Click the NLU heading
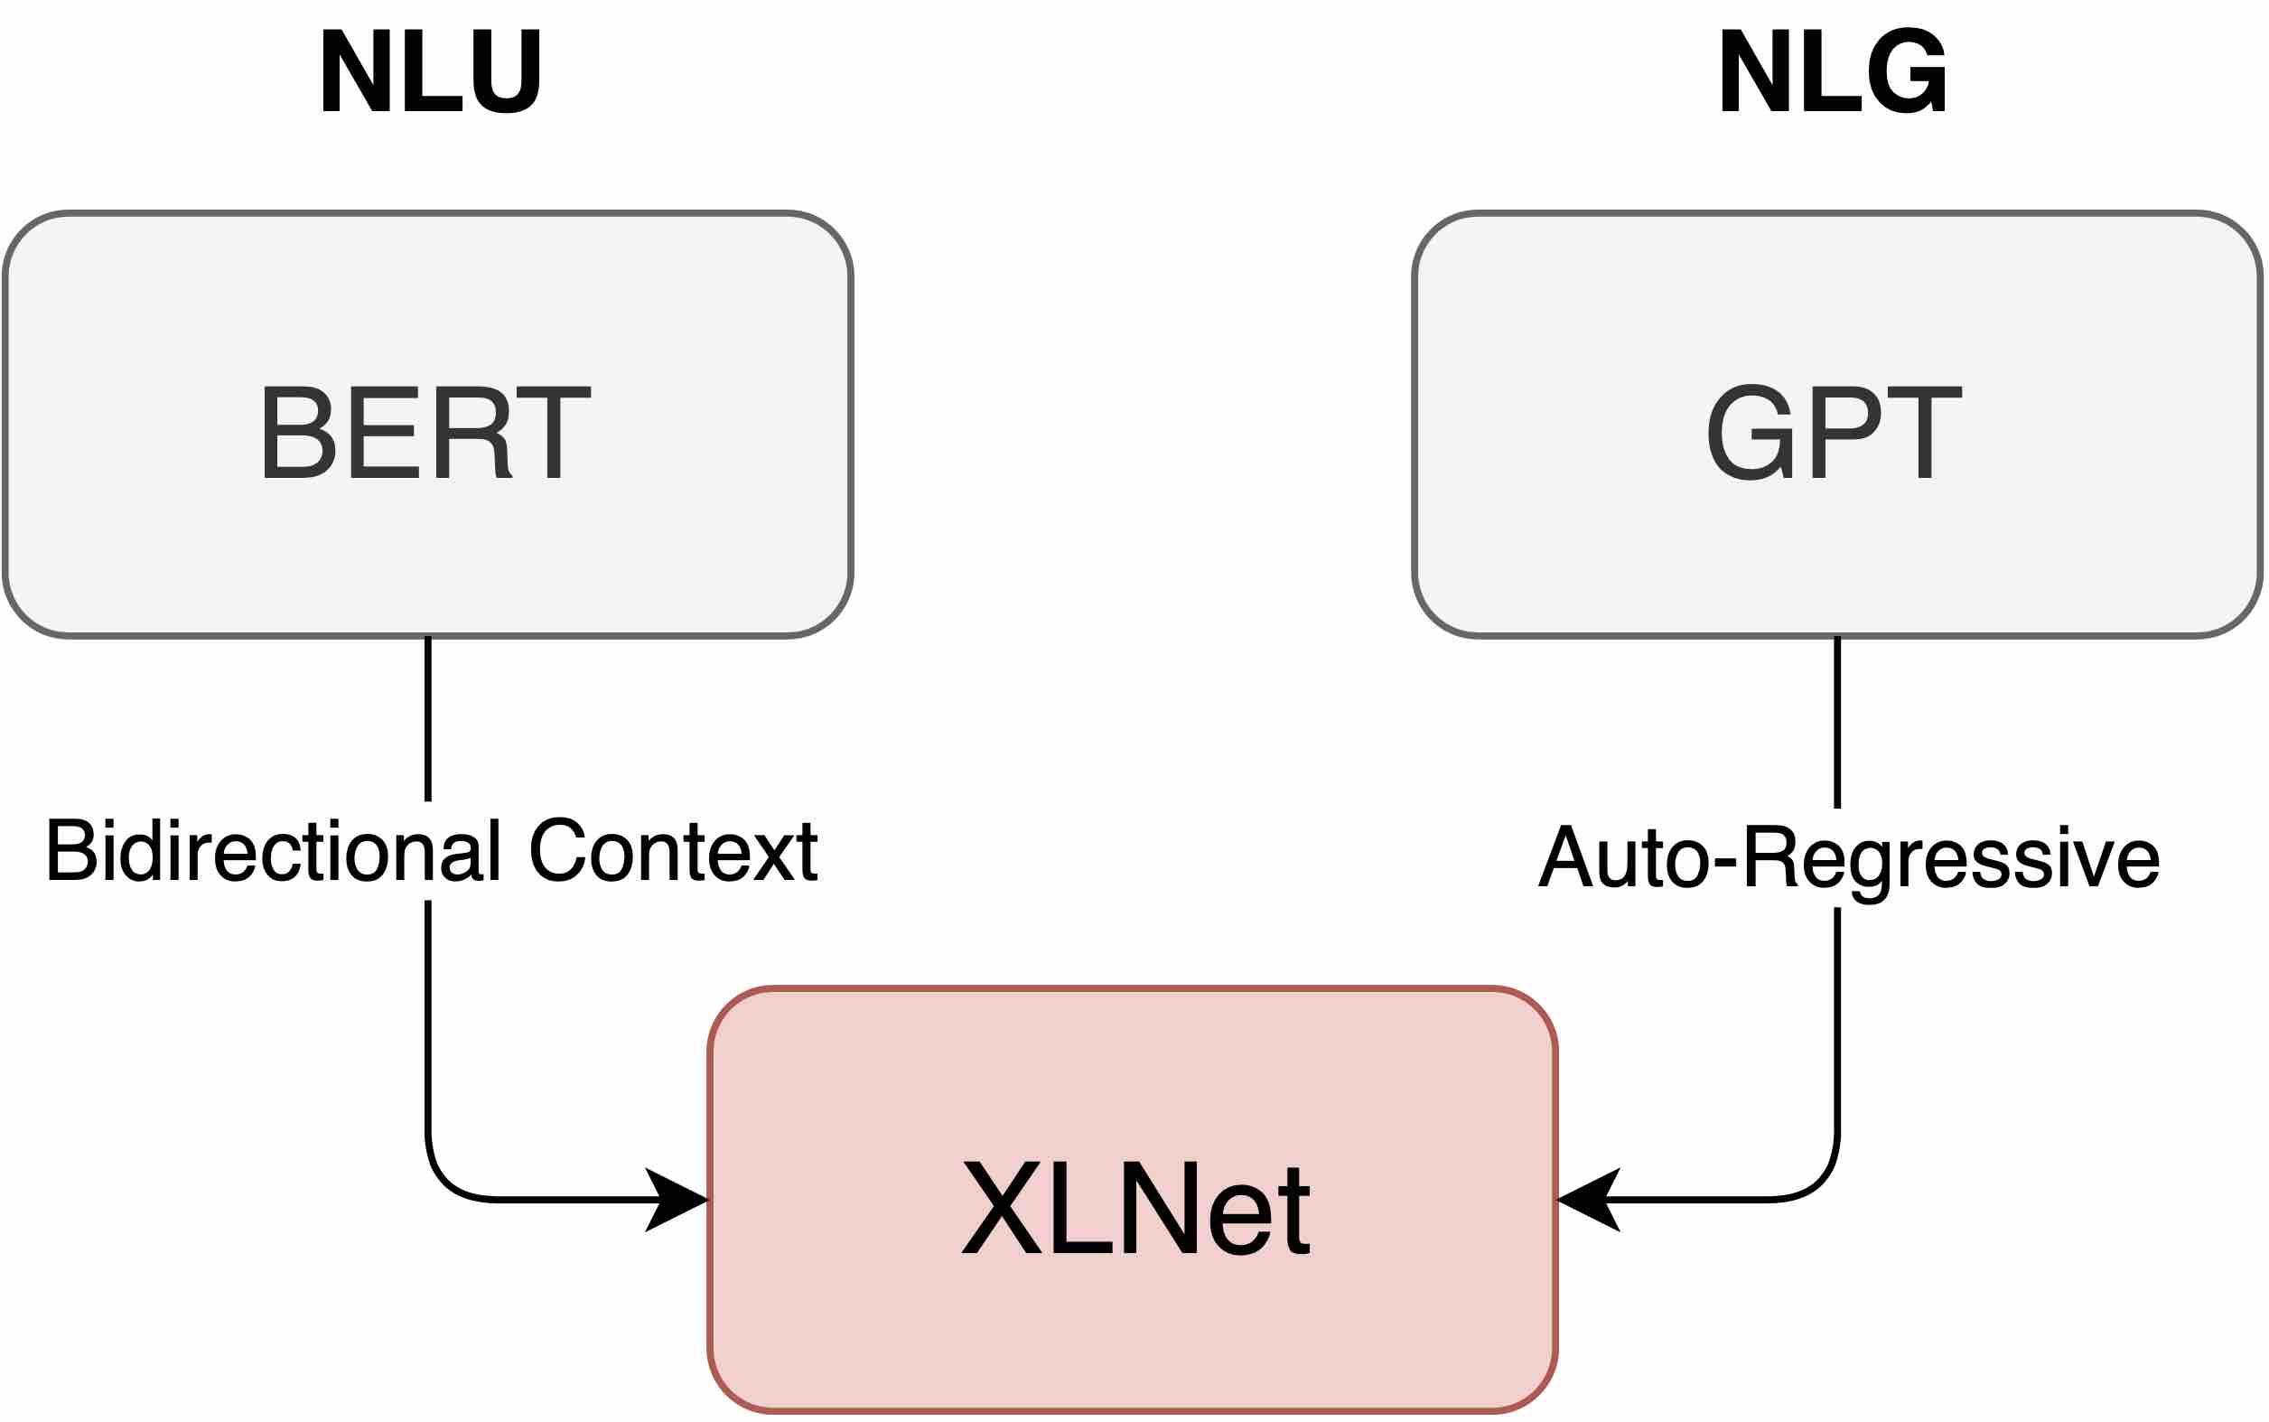click(430, 71)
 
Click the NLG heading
click(1833, 71)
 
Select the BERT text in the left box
click(425, 433)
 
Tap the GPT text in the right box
click(1834, 433)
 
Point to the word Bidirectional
click(273, 851)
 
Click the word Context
click(673, 851)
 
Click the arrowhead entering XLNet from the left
click(679, 1200)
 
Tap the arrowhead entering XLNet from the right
click(1586, 1200)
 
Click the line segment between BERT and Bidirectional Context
click(428, 719)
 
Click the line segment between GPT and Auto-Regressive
click(1837, 722)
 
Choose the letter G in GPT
click(1747, 433)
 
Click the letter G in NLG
click(1909, 71)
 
